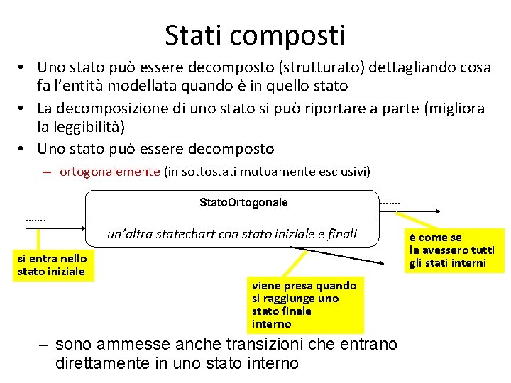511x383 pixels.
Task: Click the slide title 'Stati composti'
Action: coord(255,35)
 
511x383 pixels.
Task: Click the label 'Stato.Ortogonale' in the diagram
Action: coord(243,203)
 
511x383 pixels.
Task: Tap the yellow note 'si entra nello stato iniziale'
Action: coord(53,265)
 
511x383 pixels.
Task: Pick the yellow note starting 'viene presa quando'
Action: coord(304,304)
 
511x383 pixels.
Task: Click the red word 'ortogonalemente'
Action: coord(110,171)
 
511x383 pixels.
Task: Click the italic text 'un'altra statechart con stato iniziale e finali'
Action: coord(231,233)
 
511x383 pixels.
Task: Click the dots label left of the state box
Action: coord(35,219)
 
